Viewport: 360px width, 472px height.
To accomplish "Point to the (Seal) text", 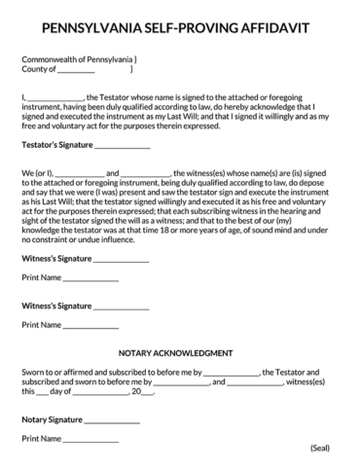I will [321, 448].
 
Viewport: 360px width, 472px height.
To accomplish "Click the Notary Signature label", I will [52, 420].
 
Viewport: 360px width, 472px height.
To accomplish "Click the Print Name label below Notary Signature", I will [42, 440].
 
